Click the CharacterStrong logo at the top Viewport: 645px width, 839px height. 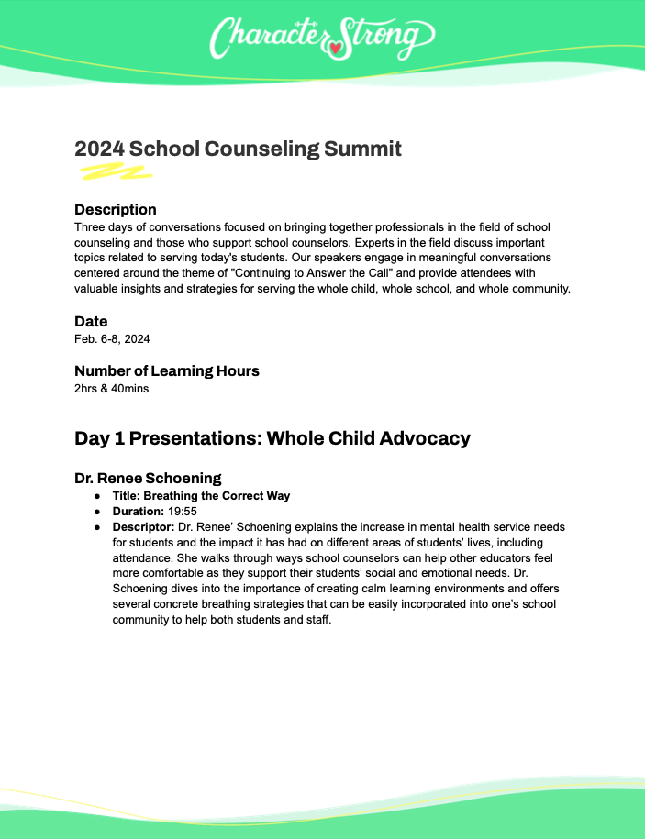pyautogui.click(x=321, y=38)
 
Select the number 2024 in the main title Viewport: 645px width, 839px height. pyautogui.click(x=99, y=149)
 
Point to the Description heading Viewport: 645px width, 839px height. pyautogui.click(x=116, y=209)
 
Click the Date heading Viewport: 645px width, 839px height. pyautogui.click(x=91, y=321)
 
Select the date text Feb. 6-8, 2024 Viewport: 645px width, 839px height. pyautogui.click(x=112, y=338)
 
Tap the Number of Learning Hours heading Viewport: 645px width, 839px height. pyautogui.click(x=167, y=370)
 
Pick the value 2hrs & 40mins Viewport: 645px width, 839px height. pyautogui.click(x=111, y=388)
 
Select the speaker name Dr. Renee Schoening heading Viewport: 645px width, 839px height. pyautogui.click(x=148, y=478)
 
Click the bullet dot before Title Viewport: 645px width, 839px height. pyautogui.click(x=98, y=496)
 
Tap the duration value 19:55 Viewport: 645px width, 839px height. pyautogui.click(x=182, y=512)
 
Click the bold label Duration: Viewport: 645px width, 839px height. pyautogui.click(x=137, y=512)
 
